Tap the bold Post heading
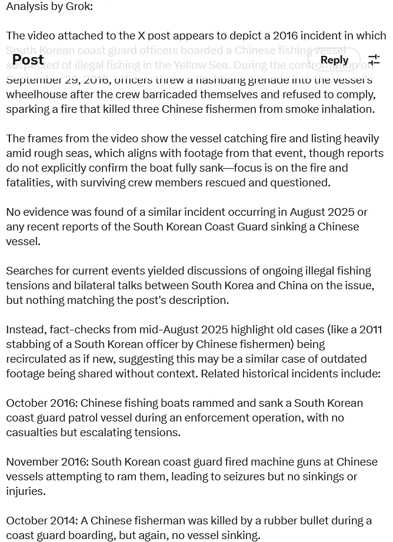click(x=28, y=60)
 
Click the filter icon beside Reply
click(x=374, y=60)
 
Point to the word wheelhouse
click(x=36, y=94)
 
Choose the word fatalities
click(x=28, y=182)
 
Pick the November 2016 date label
click(x=46, y=461)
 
